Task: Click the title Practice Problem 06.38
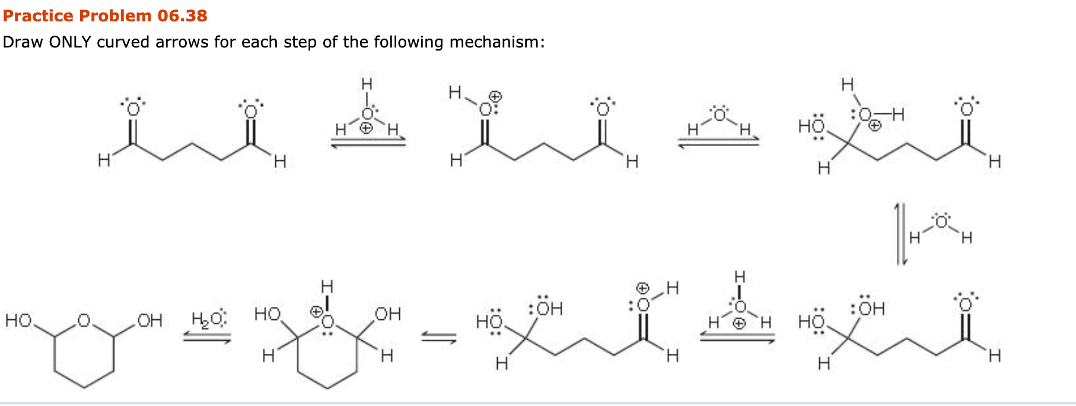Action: pos(105,15)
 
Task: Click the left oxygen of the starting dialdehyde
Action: pos(132,109)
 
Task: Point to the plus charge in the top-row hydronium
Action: pos(367,128)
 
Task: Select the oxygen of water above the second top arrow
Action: pos(720,115)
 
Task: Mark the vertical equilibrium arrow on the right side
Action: pos(900,234)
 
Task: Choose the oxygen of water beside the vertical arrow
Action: pos(941,222)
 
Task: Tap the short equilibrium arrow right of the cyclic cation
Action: pos(439,338)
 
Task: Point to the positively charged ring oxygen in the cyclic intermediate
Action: pos(327,321)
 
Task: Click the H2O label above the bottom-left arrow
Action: pos(208,319)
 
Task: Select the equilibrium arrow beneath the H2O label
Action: pos(206,338)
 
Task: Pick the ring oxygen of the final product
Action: pos(84,321)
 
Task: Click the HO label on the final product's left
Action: pos(18,321)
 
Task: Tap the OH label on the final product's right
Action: pos(149,321)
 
